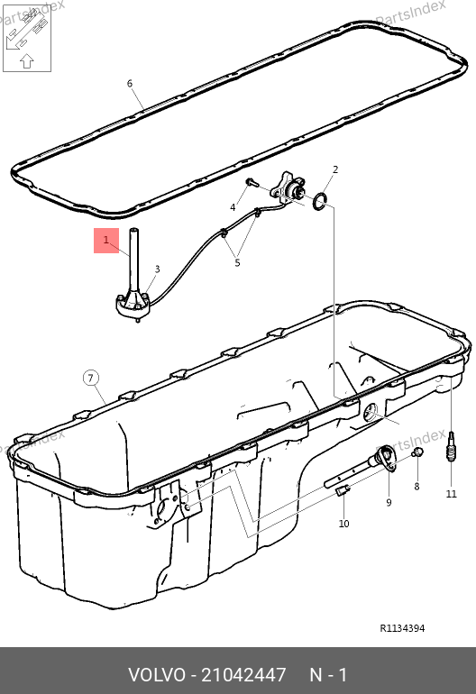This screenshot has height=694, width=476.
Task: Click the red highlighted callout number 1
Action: point(105,241)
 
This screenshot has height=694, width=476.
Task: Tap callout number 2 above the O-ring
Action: point(335,169)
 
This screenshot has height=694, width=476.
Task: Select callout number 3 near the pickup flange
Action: point(157,269)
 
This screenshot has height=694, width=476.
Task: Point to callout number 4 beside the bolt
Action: point(233,207)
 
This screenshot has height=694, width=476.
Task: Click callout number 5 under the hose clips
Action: point(237,263)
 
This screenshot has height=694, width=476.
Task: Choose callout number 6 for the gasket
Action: point(130,83)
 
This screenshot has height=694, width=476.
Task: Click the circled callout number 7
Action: point(91,378)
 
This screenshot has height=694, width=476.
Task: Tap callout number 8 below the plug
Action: point(416,487)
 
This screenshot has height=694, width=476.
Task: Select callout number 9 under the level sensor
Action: point(389,502)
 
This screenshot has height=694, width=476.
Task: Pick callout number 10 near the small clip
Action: point(344,524)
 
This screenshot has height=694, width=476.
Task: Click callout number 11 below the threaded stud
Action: point(451,494)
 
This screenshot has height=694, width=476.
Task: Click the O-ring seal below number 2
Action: point(321,201)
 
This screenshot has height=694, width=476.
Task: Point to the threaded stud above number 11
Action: point(451,446)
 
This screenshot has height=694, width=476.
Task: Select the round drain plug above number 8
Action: point(417,452)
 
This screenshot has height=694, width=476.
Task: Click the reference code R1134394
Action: point(402,628)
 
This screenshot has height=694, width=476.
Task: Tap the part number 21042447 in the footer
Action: point(243,675)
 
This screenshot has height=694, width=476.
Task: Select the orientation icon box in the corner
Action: point(27,38)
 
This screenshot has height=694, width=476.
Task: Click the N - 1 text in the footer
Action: point(328,675)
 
